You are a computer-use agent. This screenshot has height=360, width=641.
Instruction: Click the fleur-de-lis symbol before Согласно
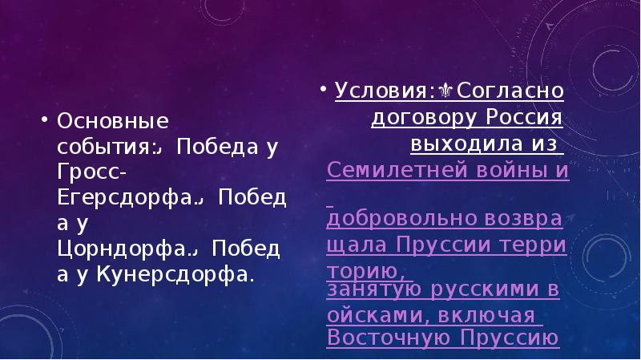point(445,91)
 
